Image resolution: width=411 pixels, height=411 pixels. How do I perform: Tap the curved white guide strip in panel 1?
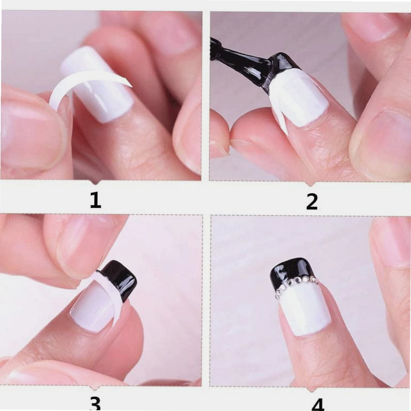pyautogui.click(x=88, y=85)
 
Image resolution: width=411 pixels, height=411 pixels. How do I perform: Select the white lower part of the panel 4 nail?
pyautogui.click(x=304, y=310)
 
